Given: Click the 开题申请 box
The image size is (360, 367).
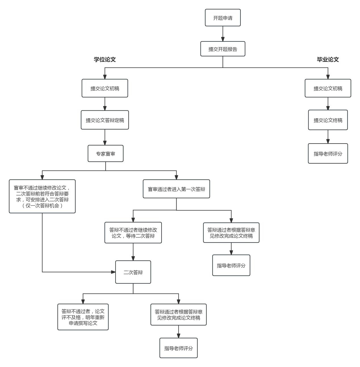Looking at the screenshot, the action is point(223,18).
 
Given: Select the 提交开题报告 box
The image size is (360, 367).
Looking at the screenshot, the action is point(223,49).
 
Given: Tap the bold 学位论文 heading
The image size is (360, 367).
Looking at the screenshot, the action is point(105,60).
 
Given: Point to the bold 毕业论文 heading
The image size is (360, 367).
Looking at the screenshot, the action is point(328,60).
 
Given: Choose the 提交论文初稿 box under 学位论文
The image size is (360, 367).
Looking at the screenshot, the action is point(105,88).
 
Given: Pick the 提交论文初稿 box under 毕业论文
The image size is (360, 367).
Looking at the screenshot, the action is point(328,88).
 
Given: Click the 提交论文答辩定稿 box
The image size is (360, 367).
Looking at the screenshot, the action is point(105,120).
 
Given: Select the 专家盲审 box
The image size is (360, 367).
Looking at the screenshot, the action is point(105,153).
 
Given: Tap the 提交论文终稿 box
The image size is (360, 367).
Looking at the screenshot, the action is point(328,120).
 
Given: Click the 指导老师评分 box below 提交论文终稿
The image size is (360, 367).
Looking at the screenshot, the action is point(328,153).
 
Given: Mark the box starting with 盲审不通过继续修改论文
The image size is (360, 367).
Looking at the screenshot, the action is point(42,196).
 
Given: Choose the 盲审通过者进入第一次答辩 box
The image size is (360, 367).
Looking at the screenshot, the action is point(176,189).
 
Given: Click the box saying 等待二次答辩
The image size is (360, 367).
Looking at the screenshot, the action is point(133,233).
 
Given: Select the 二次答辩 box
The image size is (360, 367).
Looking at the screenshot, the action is point(133,272).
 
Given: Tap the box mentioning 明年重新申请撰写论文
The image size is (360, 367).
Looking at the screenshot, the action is point(83,317).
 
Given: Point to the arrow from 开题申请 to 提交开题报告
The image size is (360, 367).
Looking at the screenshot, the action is point(223,34).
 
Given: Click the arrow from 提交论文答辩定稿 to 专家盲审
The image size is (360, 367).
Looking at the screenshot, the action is point(105,137).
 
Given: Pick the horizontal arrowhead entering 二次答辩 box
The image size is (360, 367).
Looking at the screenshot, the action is point(113,272).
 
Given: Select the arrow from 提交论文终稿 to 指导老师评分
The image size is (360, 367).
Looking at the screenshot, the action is point(328,137).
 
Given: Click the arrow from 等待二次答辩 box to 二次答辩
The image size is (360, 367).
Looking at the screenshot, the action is point(133,252).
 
